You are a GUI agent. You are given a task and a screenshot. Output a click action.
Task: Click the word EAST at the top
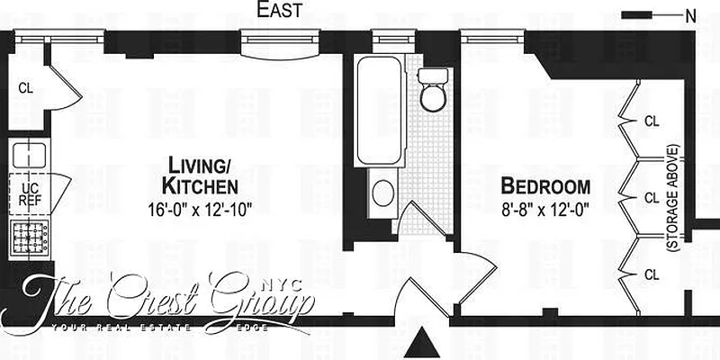tap(279, 11)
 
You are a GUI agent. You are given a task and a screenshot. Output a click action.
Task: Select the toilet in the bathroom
tap(434, 88)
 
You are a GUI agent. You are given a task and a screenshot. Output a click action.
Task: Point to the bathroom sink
tap(382, 193)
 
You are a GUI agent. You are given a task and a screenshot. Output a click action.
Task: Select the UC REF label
tap(30, 194)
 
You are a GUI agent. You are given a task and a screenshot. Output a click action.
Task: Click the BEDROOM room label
tap(545, 187)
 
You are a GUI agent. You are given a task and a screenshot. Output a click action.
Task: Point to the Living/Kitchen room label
tap(200, 175)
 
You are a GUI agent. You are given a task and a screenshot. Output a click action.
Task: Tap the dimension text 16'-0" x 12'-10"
tap(201, 209)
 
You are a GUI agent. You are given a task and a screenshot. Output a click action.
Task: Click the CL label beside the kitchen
tap(25, 88)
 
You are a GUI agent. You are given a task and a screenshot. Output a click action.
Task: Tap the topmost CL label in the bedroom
tap(652, 119)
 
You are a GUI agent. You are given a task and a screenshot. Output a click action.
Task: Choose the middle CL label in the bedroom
tap(652, 196)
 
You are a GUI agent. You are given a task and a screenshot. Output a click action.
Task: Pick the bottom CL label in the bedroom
tap(652, 274)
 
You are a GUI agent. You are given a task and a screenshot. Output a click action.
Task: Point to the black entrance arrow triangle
tap(420, 344)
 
